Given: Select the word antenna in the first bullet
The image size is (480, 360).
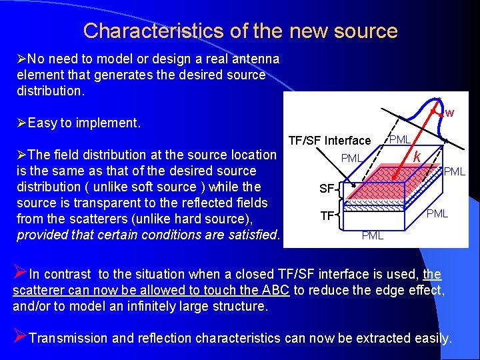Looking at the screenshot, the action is tap(249, 59).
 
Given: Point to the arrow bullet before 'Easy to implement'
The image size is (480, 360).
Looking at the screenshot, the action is tap(22, 123).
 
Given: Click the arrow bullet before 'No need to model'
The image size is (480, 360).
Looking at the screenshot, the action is tap(22, 59).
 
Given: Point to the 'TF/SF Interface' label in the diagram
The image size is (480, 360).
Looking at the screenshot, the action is tap(329, 140).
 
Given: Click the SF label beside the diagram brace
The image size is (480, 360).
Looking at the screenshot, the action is tap(326, 189).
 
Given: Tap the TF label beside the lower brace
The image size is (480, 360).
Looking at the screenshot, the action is tap(327, 216).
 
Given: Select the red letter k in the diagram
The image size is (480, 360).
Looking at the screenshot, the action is tap(416, 157).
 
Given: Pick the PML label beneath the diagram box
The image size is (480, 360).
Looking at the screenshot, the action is tap(372, 236).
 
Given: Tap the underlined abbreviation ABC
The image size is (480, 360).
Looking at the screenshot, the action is tap(277, 290).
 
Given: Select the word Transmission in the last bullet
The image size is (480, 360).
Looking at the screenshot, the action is tap(69, 338).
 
